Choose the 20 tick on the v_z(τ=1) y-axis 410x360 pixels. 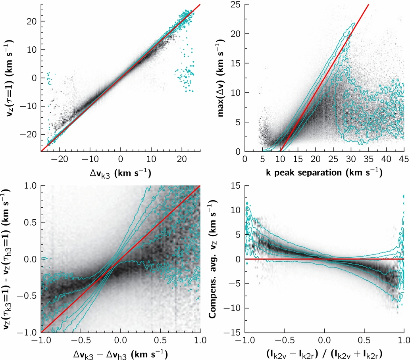(29, 21)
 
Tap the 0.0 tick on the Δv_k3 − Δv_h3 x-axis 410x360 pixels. (120, 340)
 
